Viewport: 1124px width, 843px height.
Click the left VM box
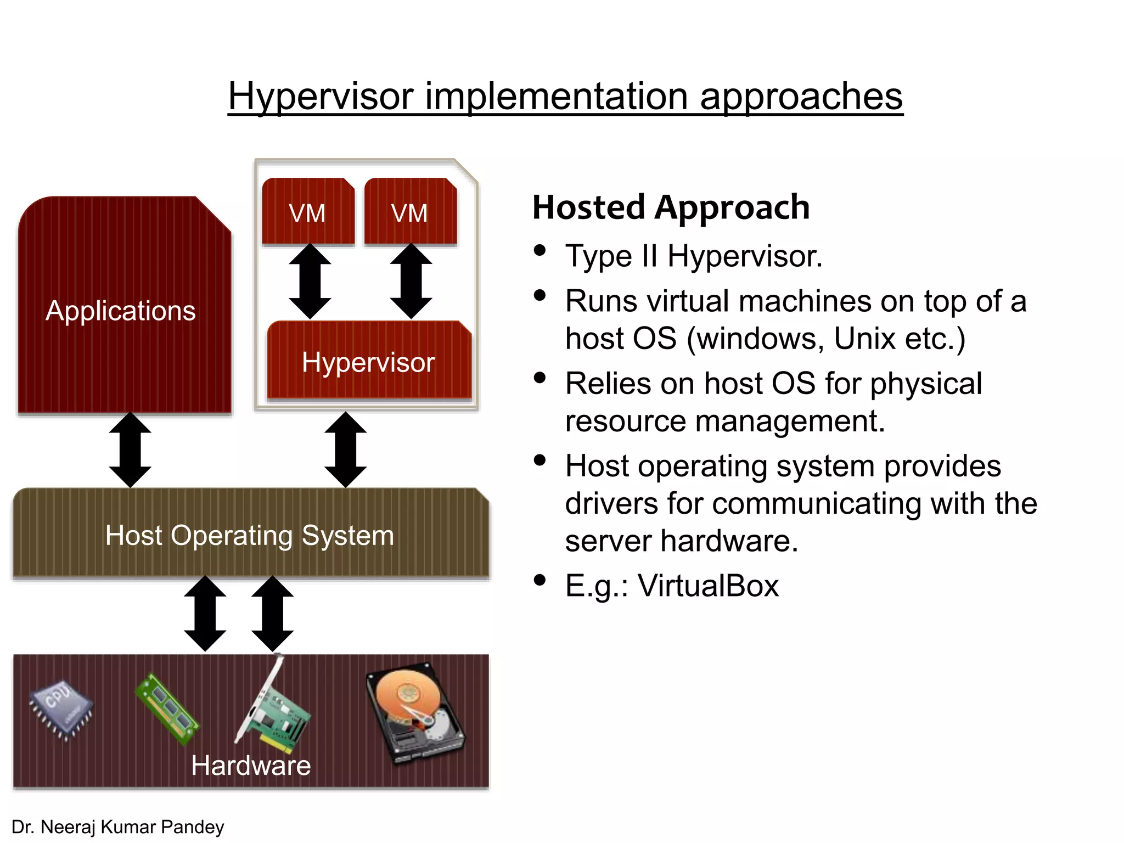(x=308, y=211)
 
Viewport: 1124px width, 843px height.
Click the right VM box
(x=410, y=211)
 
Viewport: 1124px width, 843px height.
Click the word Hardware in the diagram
(x=251, y=765)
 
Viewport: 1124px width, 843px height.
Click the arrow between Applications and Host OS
(x=130, y=449)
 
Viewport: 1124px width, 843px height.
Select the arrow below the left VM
(x=310, y=281)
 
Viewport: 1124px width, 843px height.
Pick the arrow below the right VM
(x=411, y=281)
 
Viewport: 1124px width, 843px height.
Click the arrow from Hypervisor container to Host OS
(x=345, y=449)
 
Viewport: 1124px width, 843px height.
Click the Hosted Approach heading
(x=671, y=207)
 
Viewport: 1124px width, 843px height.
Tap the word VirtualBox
(x=709, y=586)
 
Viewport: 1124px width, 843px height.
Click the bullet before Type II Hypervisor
(x=540, y=250)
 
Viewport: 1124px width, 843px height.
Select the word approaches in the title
(x=801, y=97)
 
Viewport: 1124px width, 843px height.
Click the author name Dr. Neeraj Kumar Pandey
(x=118, y=827)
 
